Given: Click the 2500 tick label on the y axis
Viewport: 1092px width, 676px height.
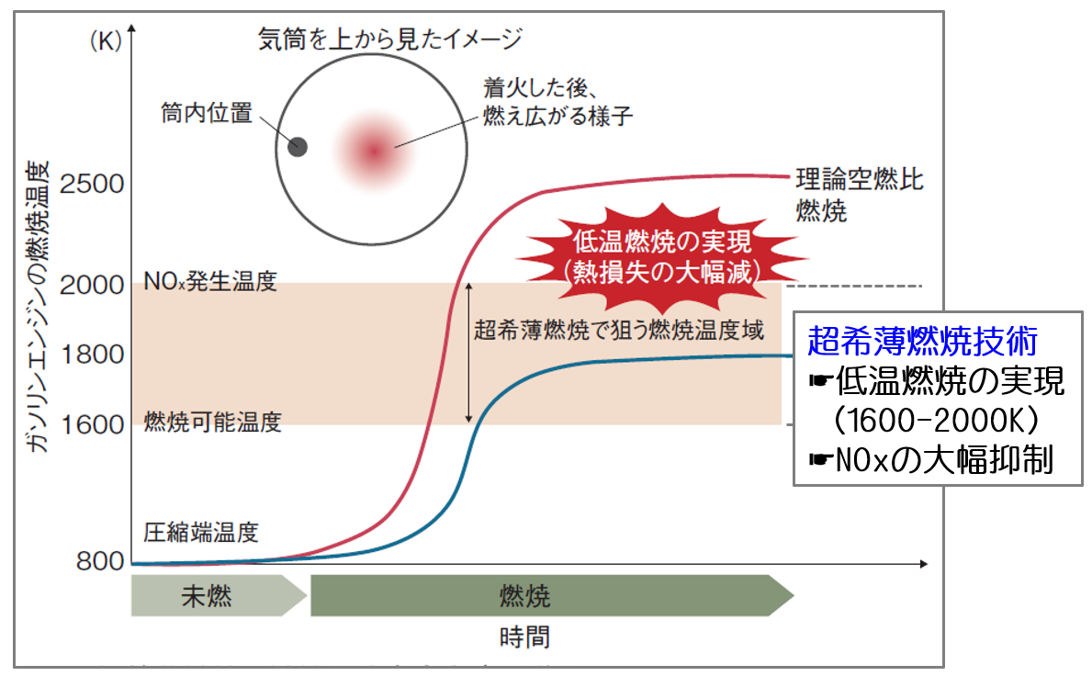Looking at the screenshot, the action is tap(92, 184).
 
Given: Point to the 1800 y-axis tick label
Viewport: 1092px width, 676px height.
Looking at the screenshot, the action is tap(92, 355).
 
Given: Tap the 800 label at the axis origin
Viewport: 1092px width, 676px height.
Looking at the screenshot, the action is tap(100, 561).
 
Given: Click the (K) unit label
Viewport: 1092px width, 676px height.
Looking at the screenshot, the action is tap(106, 40).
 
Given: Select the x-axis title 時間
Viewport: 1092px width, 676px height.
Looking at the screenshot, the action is tap(525, 637).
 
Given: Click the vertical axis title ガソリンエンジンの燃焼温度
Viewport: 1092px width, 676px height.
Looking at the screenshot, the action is tap(39, 307).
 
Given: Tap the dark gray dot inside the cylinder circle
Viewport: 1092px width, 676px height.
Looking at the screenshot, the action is tap(298, 147).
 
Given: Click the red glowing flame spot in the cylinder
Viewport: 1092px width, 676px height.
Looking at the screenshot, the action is tap(374, 151).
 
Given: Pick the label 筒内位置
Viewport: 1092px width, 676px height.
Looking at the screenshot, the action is tap(206, 112).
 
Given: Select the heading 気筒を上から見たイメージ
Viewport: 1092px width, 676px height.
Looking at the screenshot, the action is tap(390, 39).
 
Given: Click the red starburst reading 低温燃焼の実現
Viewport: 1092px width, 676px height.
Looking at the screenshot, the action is tap(662, 256).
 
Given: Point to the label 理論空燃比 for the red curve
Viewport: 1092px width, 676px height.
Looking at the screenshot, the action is tap(860, 180).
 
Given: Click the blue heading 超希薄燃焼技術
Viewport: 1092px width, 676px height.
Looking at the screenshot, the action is tap(923, 341).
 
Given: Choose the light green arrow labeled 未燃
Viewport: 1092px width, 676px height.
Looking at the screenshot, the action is tap(219, 596).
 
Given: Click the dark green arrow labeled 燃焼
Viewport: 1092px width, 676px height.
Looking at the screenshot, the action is tap(552, 596).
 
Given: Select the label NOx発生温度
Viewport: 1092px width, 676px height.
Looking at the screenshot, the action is tap(210, 281).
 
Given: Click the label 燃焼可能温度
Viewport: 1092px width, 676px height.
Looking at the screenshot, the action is tap(212, 422).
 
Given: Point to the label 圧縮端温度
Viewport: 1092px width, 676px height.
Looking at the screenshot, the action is tap(201, 533).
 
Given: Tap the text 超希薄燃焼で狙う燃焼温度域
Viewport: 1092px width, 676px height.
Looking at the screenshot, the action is tap(619, 330).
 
